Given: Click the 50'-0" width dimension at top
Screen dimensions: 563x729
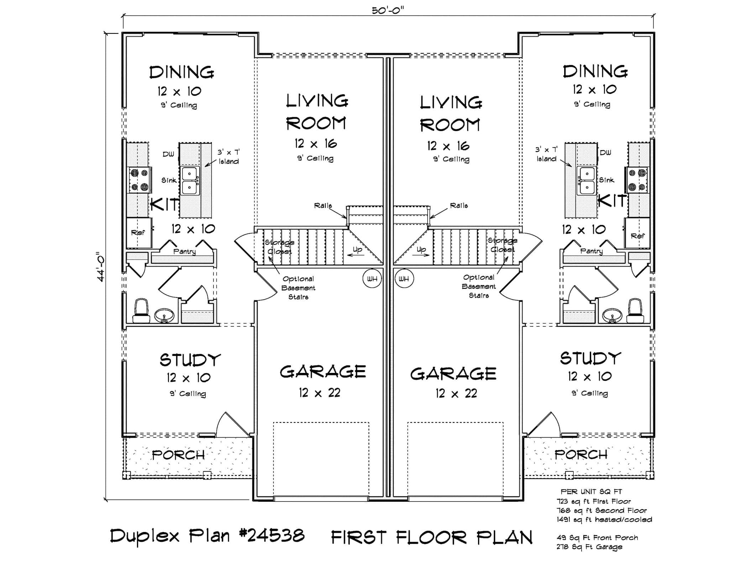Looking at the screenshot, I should (x=388, y=10).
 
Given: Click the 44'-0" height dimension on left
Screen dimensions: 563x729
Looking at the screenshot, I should (x=101, y=267).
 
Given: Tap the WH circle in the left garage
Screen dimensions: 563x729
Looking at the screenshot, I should (x=372, y=279).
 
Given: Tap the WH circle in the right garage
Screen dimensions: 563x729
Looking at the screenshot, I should (x=404, y=279).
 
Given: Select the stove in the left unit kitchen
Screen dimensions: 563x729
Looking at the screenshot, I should (x=139, y=180).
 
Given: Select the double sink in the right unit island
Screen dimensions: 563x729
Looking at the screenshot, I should (x=587, y=181).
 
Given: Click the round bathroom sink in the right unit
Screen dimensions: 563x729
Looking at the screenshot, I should (x=612, y=315).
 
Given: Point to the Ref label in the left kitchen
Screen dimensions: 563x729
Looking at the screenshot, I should (x=138, y=233).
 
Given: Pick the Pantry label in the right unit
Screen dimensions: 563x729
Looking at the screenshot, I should (x=591, y=251).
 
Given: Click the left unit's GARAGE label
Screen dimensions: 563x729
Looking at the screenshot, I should (x=322, y=372).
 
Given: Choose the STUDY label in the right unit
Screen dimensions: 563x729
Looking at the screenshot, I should (x=590, y=358).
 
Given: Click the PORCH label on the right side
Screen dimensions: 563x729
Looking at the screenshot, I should (x=581, y=454).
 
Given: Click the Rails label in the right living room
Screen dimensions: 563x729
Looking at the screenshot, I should (x=458, y=205).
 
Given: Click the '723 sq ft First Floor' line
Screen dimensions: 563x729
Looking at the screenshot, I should (x=594, y=501).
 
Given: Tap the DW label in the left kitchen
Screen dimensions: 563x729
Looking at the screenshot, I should (x=168, y=154).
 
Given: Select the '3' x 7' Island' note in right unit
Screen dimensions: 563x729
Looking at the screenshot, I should (x=546, y=154).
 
